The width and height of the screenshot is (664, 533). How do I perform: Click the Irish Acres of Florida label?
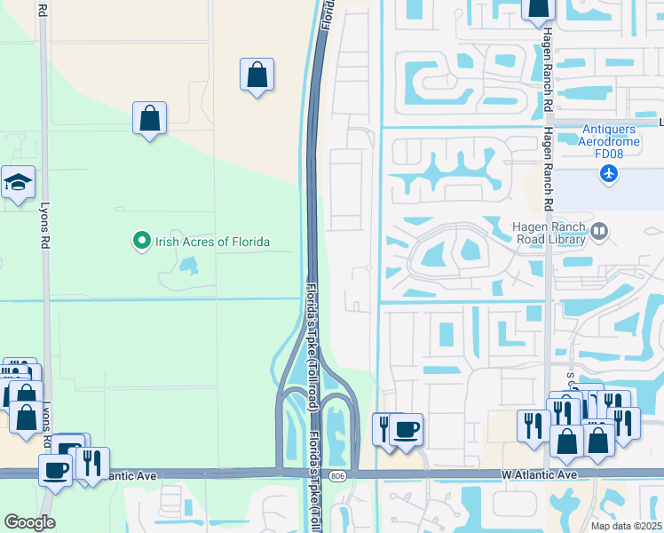[212, 242]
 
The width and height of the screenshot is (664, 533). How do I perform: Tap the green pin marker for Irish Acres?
[140, 241]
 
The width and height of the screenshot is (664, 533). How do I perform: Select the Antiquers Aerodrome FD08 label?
[609, 141]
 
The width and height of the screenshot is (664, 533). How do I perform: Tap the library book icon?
[600, 232]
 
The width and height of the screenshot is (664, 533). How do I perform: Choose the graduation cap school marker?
[18, 183]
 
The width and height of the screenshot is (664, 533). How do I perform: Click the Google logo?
[29, 522]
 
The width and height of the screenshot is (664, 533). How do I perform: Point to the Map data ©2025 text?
[626, 526]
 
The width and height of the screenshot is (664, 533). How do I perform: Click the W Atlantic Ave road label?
[539, 476]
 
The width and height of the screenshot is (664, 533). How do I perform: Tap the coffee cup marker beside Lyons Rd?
[56, 470]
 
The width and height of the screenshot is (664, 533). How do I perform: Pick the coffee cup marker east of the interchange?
[407, 430]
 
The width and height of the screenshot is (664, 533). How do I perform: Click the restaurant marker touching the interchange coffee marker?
[385, 430]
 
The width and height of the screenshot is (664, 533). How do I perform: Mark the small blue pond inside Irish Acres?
[187, 265]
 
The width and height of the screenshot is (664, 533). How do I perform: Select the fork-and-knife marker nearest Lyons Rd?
[91, 464]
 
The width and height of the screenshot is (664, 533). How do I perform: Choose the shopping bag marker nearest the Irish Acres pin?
[150, 118]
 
